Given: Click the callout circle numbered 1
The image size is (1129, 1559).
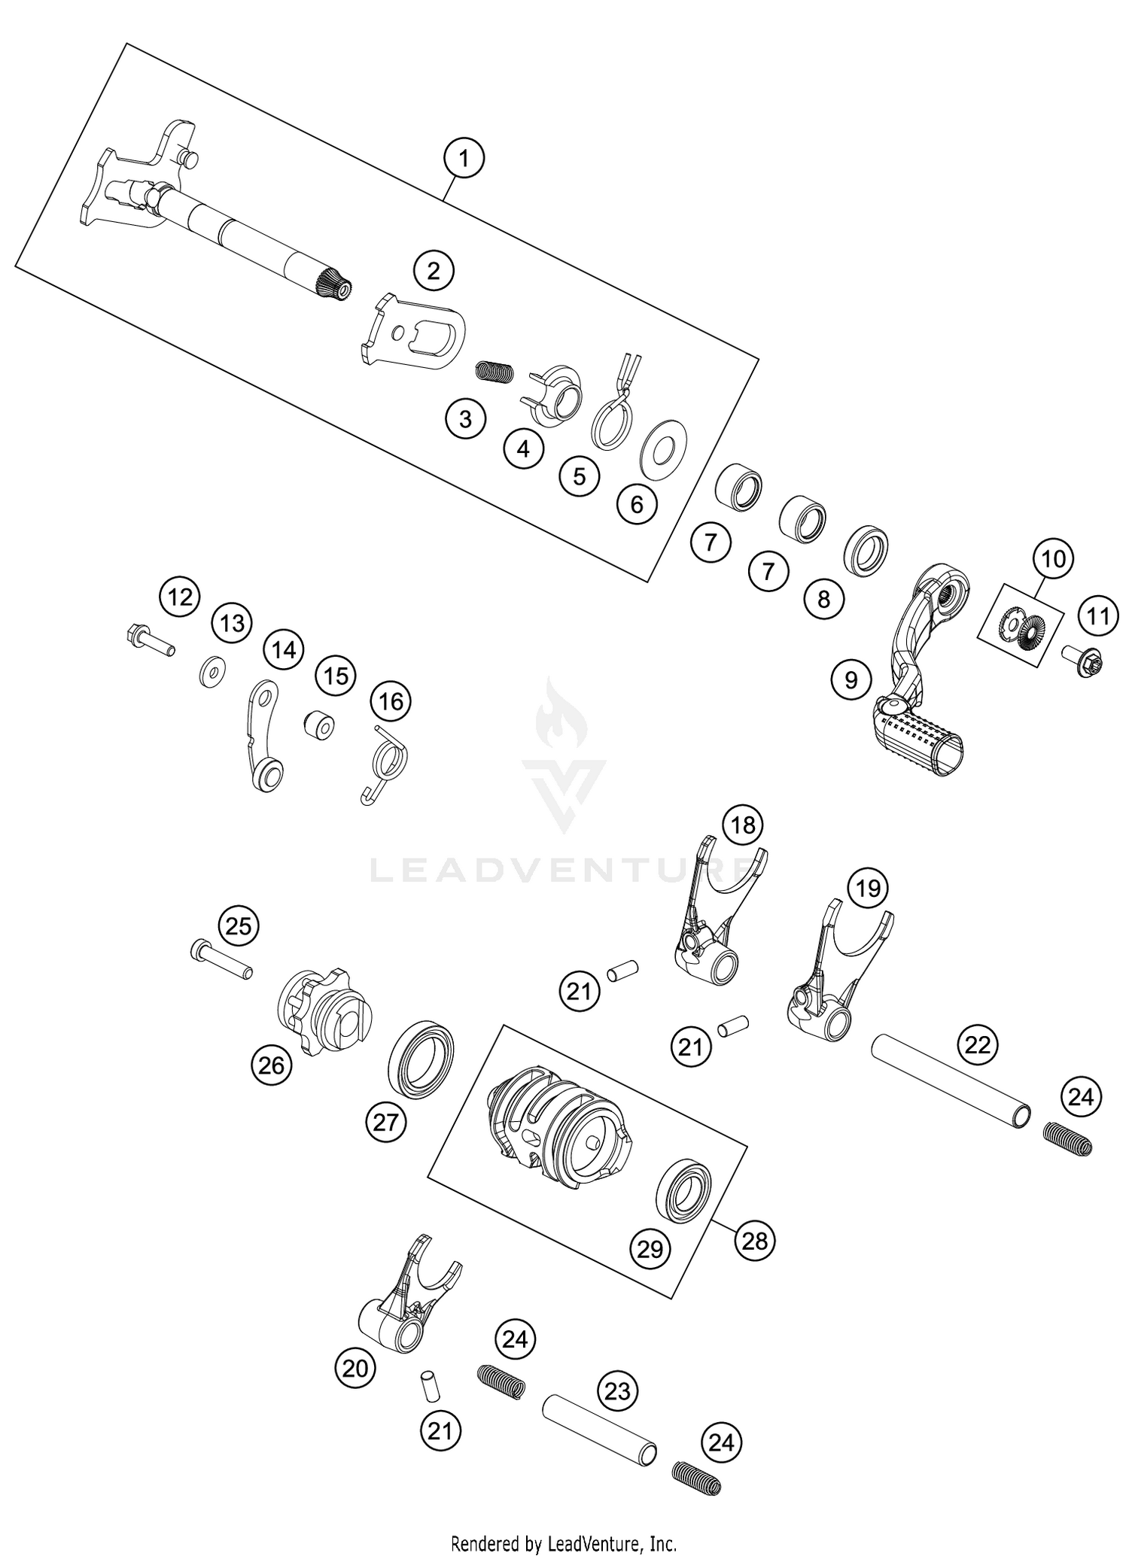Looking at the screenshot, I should (464, 158).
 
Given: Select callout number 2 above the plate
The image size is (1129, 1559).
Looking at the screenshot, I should (434, 271).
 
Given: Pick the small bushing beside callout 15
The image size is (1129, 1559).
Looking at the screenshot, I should (319, 727).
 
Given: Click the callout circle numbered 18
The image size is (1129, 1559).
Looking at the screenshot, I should (743, 825).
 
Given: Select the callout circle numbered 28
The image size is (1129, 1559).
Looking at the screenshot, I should (755, 1240).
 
